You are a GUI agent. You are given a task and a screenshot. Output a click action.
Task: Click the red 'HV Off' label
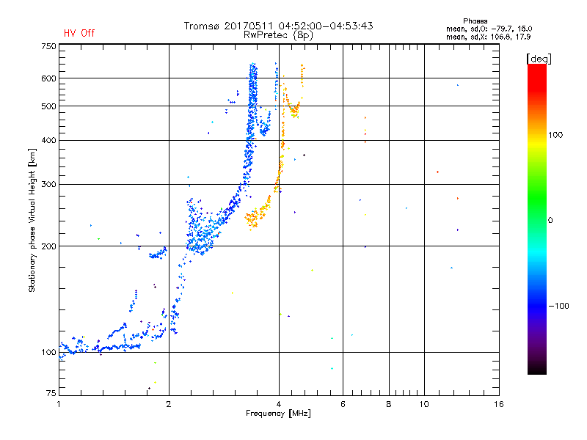click(79, 33)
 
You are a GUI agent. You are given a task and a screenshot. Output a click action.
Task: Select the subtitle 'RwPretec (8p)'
click(279, 34)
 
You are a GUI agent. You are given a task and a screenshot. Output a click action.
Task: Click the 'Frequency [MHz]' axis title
click(279, 414)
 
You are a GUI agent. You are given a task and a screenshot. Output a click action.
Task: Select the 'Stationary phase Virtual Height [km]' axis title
click(32, 220)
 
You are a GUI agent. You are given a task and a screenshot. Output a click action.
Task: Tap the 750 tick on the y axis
click(48, 45)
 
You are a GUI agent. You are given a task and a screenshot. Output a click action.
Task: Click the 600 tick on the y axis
click(48, 78)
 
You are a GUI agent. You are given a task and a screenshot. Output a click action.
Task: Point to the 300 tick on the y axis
click(48, 184)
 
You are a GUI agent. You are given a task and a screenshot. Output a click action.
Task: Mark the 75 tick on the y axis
click(50, 395)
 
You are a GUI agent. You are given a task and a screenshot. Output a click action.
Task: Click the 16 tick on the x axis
click(498, 404)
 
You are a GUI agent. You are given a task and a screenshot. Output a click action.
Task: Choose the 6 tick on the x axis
click(343, 404)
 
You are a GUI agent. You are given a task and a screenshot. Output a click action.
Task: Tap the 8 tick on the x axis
click(389, 404)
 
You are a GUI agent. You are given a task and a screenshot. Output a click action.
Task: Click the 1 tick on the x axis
click(59, 404)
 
